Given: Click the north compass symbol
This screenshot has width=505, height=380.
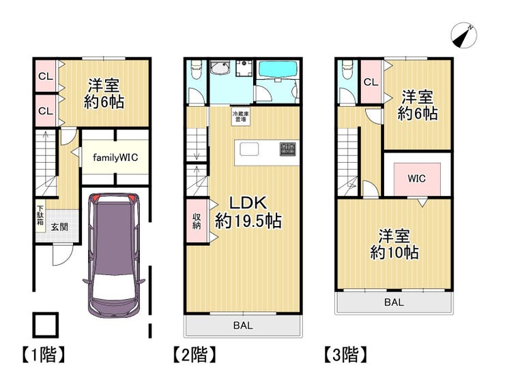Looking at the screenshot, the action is (x=463, y=35).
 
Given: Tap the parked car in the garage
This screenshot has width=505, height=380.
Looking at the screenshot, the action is (x=114, y=255).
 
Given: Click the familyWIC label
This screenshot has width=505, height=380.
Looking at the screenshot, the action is (x=115, y=157).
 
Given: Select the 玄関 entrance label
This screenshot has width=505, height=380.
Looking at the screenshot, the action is (x=60, y=227).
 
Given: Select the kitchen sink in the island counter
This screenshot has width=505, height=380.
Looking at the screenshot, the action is (x=249, y=150).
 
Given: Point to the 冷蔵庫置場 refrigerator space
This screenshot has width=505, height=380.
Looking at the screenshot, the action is (x=241, y=116).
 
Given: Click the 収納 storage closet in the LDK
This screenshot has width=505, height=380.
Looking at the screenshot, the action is (x=197, y=221).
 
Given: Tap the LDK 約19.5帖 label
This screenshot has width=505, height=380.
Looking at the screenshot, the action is (x=248, y=212).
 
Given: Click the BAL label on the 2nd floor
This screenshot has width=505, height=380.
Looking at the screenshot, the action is (x=243, y=326).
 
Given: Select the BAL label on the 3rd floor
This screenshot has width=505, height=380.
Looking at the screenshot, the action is (x=394, y=302).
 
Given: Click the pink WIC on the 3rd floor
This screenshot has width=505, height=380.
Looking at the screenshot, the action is (x=417, y=179).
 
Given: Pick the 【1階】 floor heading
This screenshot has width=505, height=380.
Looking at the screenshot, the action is (x=44, y=355).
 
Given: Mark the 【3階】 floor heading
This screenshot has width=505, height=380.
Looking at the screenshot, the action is (x=345, y=355).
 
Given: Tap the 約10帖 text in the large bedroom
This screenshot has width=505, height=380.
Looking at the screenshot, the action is (x=394, y=253).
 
